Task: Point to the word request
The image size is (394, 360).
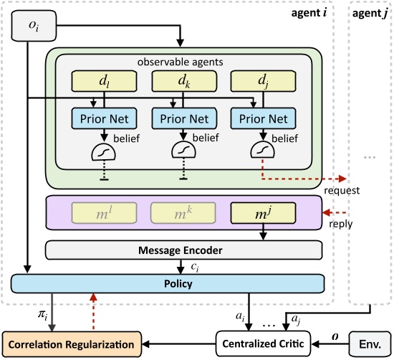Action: tap(341, 191)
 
